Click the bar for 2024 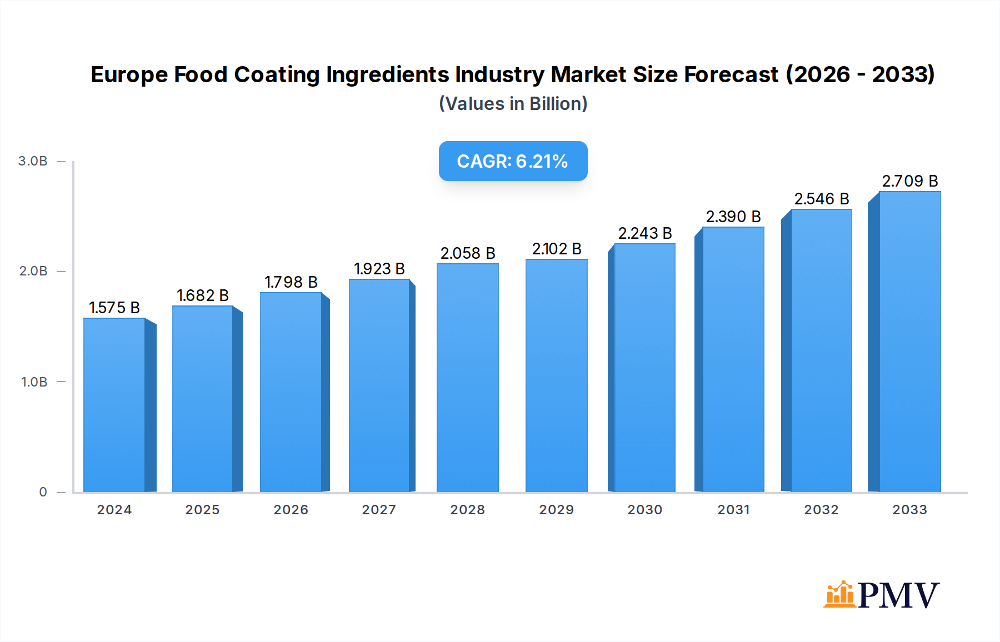point(114,405)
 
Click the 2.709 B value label point(909,181)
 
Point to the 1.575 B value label point(114,308)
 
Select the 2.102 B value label point(556,249)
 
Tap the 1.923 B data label point(379,269)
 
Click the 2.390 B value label point(733,217)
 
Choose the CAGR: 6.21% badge point(513,161)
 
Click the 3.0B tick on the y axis point(33,161)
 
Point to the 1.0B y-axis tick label point(34,382)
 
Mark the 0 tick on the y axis point(43,492)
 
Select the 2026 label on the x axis point(291,510)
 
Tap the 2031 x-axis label point(733,510)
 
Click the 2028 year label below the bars point(467,510)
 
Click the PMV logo point(881,594)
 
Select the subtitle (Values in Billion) point(513,104)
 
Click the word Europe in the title point(129,74)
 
